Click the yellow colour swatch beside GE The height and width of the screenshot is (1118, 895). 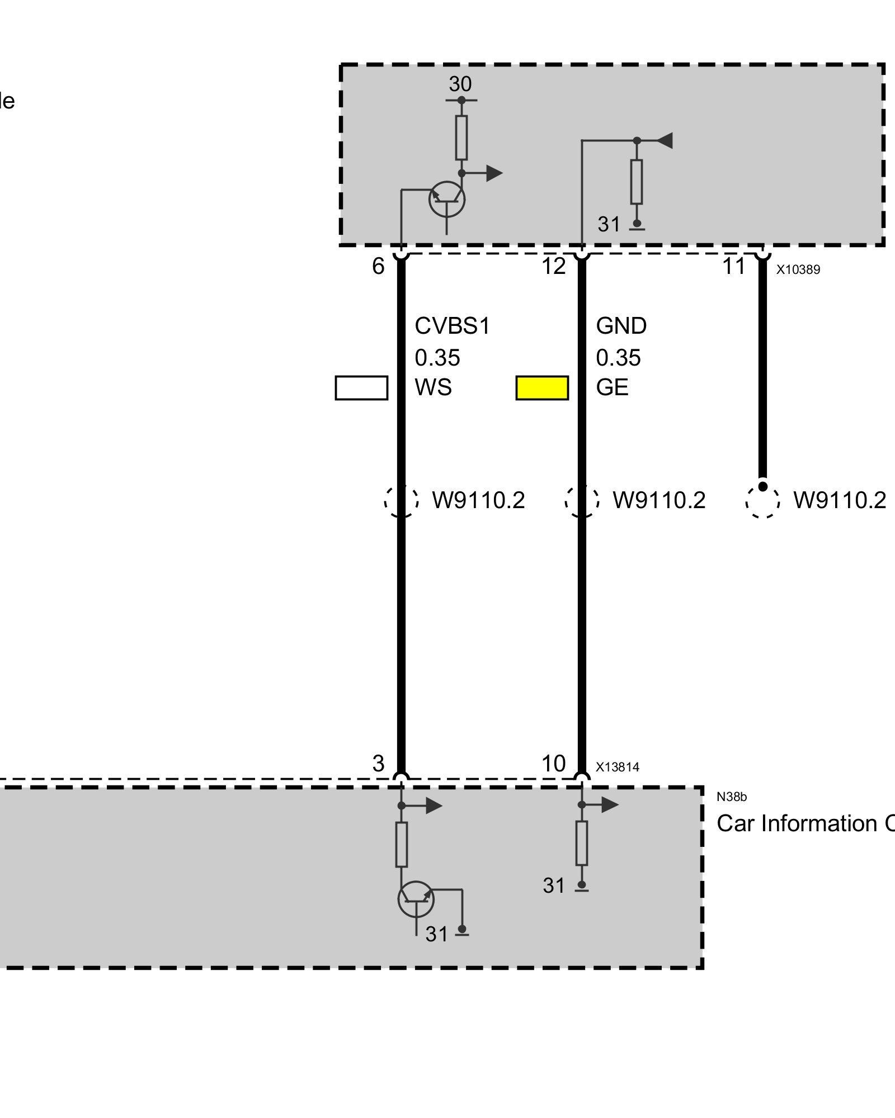(x=541, y=388)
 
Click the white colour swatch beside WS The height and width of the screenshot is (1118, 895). (x=361, y=388)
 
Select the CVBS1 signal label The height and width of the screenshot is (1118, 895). (x=452, y=326)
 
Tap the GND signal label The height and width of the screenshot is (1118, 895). (x=621, y=326)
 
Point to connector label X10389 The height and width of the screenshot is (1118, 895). (x=798, y=269)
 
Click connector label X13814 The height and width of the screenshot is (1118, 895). (x=617, y=767)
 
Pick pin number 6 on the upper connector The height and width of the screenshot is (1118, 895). (x=378, y=266)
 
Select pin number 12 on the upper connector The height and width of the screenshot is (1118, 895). (x=553, y=266)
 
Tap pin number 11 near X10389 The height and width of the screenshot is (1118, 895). (x=733, y=266)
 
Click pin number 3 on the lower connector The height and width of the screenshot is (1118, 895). (x=378, y=764)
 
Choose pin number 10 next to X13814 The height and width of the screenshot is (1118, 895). (x=553, y=764)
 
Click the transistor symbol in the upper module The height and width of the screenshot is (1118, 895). (x=446, y=199)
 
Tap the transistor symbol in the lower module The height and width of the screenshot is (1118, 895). (x=416, y=899)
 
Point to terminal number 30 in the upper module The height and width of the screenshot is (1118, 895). (x=460, y=84)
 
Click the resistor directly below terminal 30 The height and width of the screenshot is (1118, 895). (x=461, y=138)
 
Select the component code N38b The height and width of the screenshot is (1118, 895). (x=731, y=797)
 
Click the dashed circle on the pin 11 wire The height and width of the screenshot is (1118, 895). (x=762, y=500)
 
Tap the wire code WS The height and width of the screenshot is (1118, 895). (x=433, y=387)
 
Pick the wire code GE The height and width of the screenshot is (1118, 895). (x=612, y=387)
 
